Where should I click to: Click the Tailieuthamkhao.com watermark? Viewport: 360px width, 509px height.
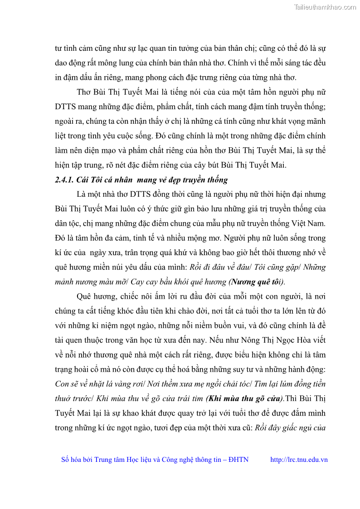(325, 7)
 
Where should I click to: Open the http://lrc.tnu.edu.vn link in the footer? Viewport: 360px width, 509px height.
(299, 460)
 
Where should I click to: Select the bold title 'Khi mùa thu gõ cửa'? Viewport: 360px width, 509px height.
(245, 399)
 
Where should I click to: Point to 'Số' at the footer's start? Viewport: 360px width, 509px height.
(66, 460)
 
